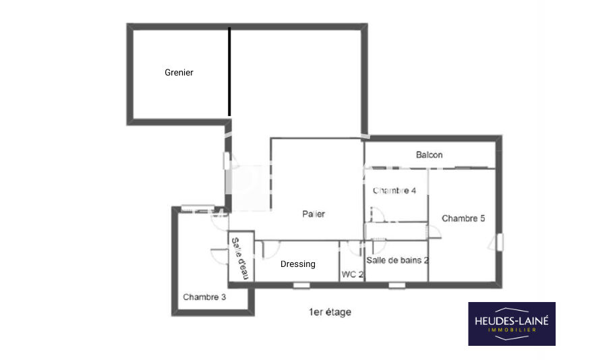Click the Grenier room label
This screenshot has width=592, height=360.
coord(179,72)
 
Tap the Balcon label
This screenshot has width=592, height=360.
coord(429,154)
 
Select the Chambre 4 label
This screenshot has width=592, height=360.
coord(394,191)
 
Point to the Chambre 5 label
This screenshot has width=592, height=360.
coord(463,218)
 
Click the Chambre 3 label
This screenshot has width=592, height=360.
coord(204,297)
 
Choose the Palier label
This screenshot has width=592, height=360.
coord(314,214)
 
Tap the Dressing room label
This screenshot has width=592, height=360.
coord(297,264)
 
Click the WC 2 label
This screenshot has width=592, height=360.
coord(353,274)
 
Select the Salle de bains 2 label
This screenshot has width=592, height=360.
coord(397,260)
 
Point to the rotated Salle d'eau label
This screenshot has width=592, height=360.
coord(240,258)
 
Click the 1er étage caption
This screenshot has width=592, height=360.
coord(330,312)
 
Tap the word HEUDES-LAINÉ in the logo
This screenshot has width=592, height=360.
coord(512,321)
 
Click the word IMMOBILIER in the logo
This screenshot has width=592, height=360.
coord(512,330)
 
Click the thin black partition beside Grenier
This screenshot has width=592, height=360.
coord(229,71)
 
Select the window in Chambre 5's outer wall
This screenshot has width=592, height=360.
coord(500,242)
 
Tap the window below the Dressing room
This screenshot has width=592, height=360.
coord(301,285)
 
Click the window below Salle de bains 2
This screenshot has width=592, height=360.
coord(397,285)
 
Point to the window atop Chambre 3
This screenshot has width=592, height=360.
coord(193,208)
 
